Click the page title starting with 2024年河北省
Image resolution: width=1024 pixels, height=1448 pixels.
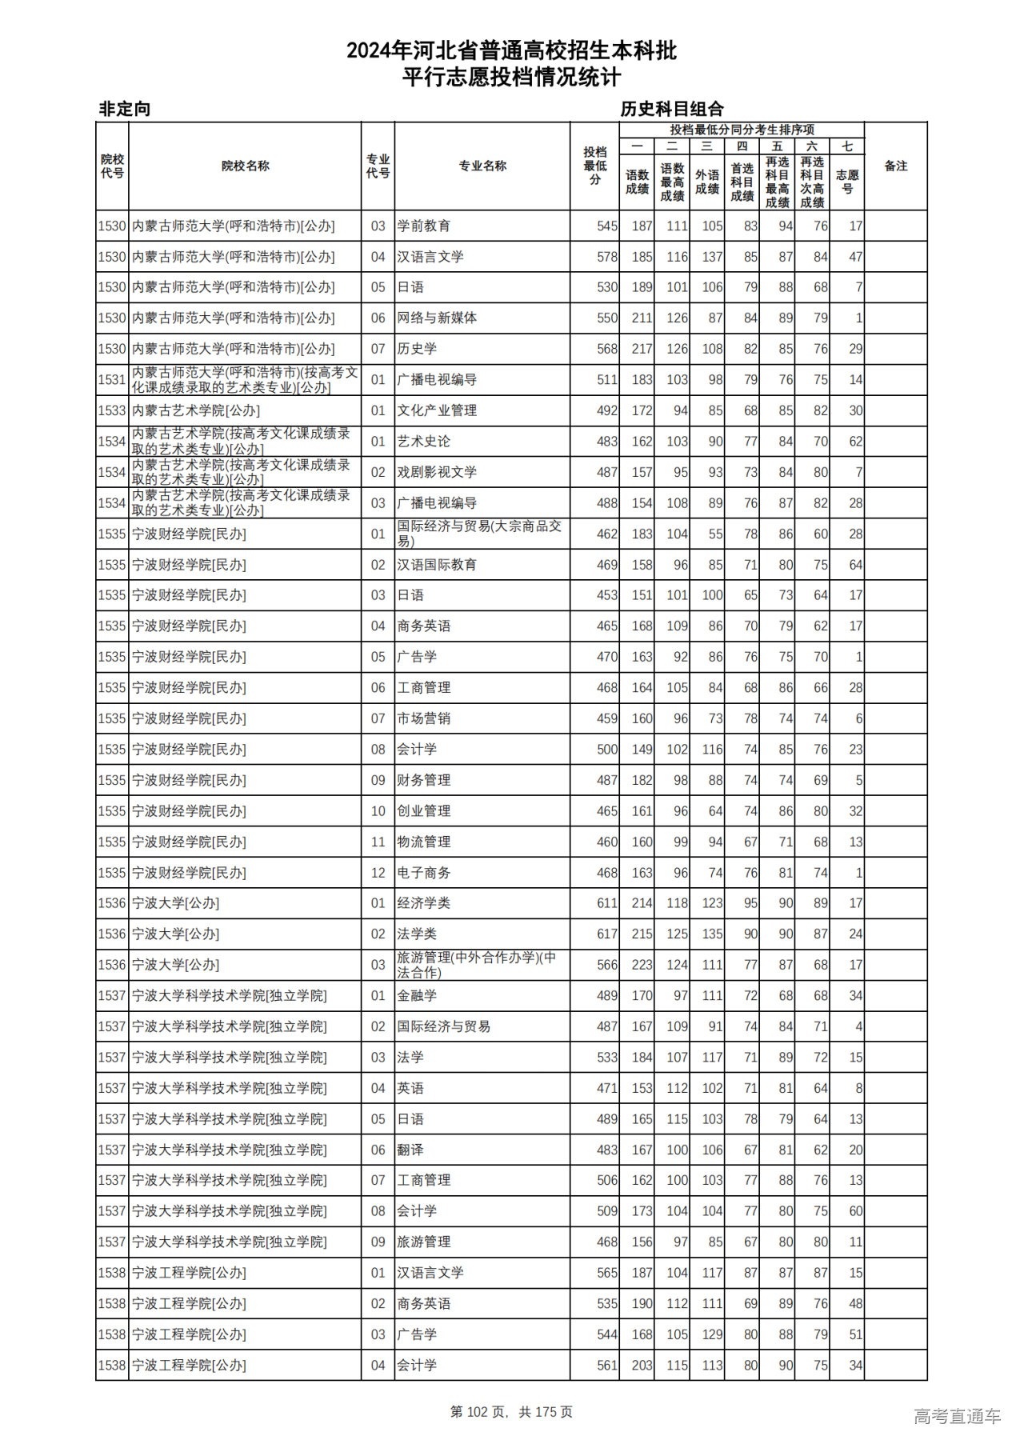coord(511,51)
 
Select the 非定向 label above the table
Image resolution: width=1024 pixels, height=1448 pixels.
coord(124,109)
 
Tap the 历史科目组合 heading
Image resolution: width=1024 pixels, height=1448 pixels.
coord(672,109)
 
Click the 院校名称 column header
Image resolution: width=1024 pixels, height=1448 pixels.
coord(245,166)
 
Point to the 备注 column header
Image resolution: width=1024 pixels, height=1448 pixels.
coord(895,166)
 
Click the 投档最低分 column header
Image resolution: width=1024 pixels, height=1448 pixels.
coord(595,166)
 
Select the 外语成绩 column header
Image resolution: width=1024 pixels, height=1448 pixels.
coord(706,182)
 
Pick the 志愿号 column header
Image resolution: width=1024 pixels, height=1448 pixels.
coord(846,182)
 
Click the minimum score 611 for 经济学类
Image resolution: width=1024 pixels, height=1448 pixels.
coord(606,903)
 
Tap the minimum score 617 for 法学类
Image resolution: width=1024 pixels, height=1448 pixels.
coord(606,934)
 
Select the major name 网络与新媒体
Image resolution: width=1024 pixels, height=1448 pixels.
coord(437,318)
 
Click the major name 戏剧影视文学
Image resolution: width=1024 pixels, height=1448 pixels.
coord(437,472)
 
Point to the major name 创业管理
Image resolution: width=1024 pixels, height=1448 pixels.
coord(424,810)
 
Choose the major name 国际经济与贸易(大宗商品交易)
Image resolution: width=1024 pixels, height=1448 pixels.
coord(479,534)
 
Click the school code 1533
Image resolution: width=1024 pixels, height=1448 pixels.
coord(112,410)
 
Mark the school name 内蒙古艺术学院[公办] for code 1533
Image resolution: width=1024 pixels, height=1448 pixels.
coord(196,410)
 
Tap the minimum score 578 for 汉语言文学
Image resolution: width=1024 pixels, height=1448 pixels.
coord(606,257)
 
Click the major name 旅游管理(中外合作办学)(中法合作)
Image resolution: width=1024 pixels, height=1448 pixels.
coord(477,965)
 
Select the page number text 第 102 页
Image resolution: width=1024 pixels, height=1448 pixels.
coord(478,1412)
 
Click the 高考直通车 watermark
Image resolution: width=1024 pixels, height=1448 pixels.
coord(957,1416)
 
